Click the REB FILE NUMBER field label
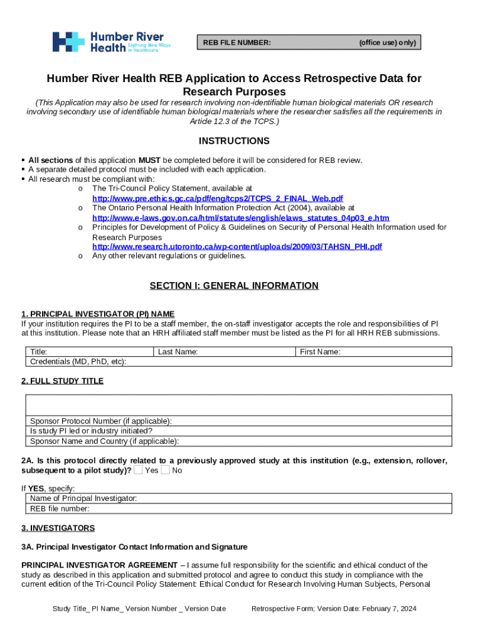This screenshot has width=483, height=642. pos(236,43)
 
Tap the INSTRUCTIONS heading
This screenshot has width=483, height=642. pos(234,141)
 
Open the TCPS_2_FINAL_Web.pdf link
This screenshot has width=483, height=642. pos(217,198)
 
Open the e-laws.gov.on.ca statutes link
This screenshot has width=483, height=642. pos(240,218)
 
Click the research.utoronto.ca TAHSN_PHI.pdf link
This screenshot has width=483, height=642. pos(236,246)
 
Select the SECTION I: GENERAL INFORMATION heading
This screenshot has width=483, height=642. pos(234,286)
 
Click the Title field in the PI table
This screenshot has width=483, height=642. pos(89,352)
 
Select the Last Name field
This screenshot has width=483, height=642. pos(225,352)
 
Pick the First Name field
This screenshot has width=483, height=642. pos(373,352)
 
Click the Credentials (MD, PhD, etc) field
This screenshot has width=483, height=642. pos(238,362)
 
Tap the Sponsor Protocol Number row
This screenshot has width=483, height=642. pos(238,421)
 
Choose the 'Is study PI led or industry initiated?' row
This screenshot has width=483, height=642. pos(238,431)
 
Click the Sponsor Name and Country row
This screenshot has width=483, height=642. pos(238,441)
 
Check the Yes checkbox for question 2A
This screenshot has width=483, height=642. pos(138,470)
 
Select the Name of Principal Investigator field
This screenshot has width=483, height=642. pos(238,498)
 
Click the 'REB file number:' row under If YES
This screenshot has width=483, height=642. pos(238,508)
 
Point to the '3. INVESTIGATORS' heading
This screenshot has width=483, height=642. pos(58,528)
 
